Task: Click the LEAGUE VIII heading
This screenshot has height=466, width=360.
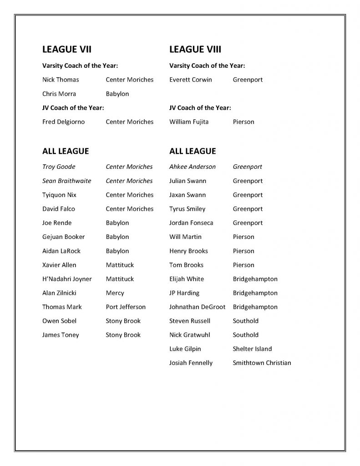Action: click(195, 49)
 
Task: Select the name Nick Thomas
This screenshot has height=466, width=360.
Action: click(61, 80)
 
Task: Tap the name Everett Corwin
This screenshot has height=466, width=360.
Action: click(190, 80)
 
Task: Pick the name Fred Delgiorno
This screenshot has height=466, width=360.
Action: click(63, 122)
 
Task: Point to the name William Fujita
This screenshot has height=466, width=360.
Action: click(189, 122)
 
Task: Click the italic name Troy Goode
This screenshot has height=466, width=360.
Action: click(59, 167)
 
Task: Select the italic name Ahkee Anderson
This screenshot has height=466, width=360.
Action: click(193, 167)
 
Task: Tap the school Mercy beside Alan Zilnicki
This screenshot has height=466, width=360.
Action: click(115, 293)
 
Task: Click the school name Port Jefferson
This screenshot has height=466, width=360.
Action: click(126, 307)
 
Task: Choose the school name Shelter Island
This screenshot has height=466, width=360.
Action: click(252, 349)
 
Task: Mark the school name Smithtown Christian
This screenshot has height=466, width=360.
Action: click(262, 363)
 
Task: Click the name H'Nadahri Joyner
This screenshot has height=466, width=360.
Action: click(67, 279)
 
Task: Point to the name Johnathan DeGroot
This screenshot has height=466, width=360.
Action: click(197, 307)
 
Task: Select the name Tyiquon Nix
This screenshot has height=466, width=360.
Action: click(59, 195)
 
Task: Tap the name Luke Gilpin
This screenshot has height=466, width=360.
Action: click(185, 349)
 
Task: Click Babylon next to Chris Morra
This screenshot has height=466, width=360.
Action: click(117, 94)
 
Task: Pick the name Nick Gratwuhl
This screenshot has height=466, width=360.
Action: click(188, 335)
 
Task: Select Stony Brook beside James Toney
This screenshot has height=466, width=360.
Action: click(123, 335)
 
